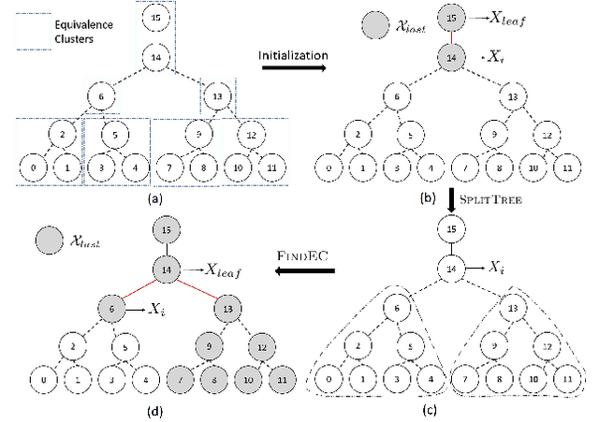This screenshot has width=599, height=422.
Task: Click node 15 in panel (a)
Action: point(155,19)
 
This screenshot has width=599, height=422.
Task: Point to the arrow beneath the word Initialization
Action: point(293,69)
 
